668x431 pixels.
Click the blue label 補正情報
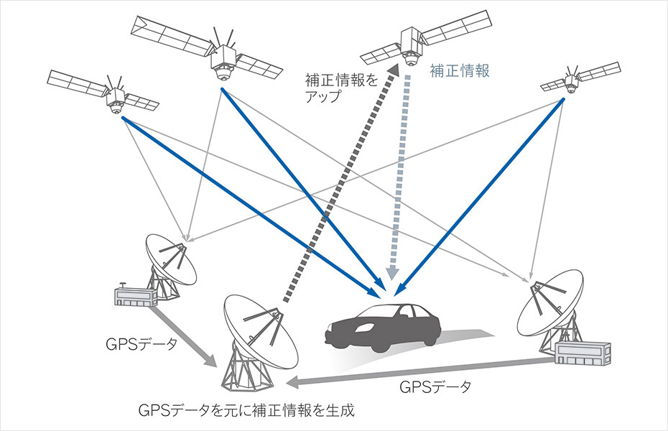point(459,70)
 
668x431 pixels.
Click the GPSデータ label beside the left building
point(141,344)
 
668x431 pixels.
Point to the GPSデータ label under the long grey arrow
point(435,387)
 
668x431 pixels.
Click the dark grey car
point(383,327)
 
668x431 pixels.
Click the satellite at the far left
point(103,93)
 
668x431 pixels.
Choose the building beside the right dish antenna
point(583,353)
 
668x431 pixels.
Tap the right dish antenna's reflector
point(549,302)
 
